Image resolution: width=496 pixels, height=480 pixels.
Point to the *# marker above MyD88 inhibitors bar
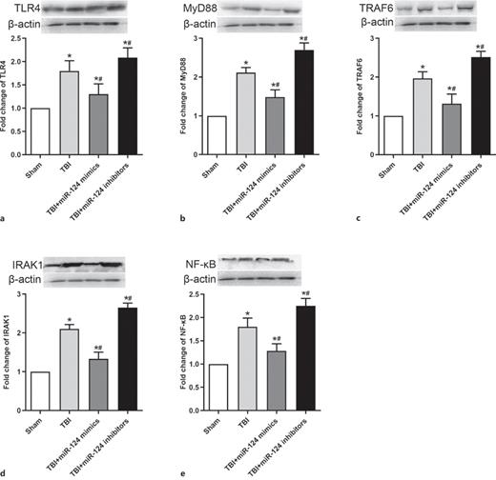tap(303, 39)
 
